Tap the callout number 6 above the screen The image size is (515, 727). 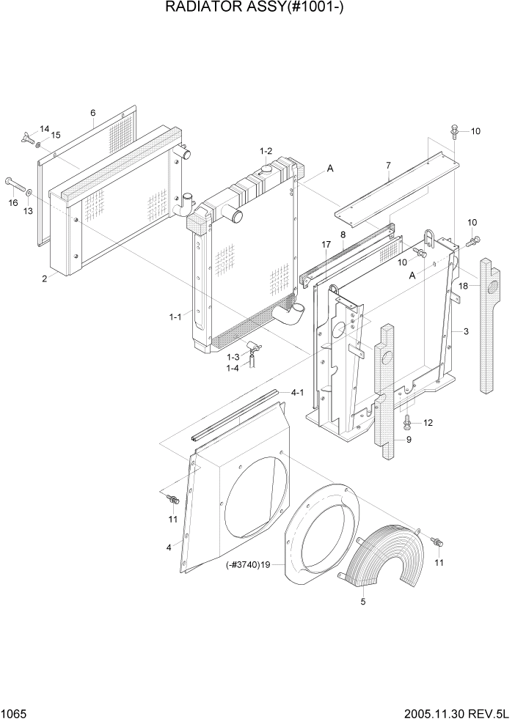coord(93,113)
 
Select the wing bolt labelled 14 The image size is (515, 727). coord(28,134)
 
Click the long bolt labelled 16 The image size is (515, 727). coord(15,182)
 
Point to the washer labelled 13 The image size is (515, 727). coord(29,194)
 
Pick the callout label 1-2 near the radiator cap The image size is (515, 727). coord(266,150)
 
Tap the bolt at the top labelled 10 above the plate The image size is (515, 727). coord(456,132)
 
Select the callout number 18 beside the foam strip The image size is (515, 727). coord(463,285)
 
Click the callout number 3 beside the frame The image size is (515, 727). coord(465,332)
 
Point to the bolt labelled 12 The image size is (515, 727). coord(408,422)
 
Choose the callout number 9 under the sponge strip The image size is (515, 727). coord(409,440)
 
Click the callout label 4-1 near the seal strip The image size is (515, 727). coord(297,393)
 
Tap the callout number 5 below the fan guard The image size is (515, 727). coord(362,602)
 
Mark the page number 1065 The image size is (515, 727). coord(14,712)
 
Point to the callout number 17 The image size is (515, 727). coord(326,244)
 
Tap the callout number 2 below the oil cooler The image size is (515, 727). coord(44,278)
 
